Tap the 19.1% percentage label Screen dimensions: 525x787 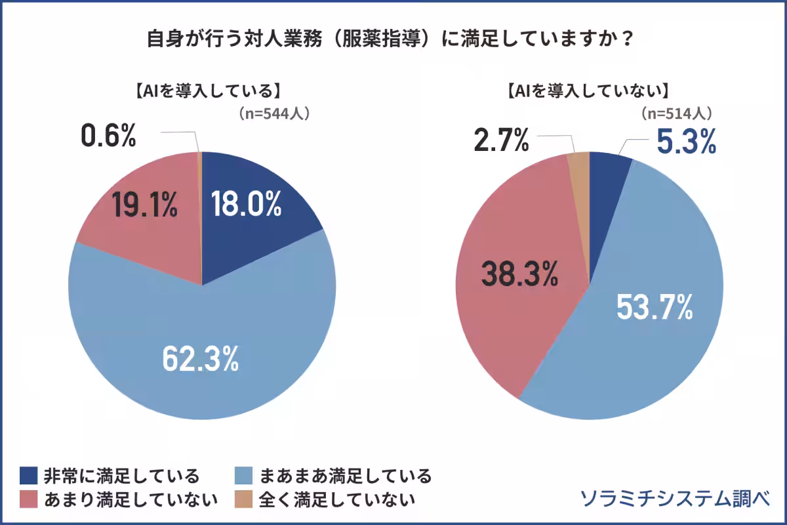[x=144, y=205]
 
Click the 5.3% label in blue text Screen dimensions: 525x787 [x=686, y=142]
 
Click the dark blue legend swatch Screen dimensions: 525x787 [x=29, y=475]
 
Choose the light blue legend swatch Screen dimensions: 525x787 [x=243, y=475]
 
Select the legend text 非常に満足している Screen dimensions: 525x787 [x=121, y=475]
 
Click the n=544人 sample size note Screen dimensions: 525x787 [x=273, y=113]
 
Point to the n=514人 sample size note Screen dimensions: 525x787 [x=676, y=113]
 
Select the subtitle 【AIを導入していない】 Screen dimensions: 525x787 [x=588, y=91]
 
